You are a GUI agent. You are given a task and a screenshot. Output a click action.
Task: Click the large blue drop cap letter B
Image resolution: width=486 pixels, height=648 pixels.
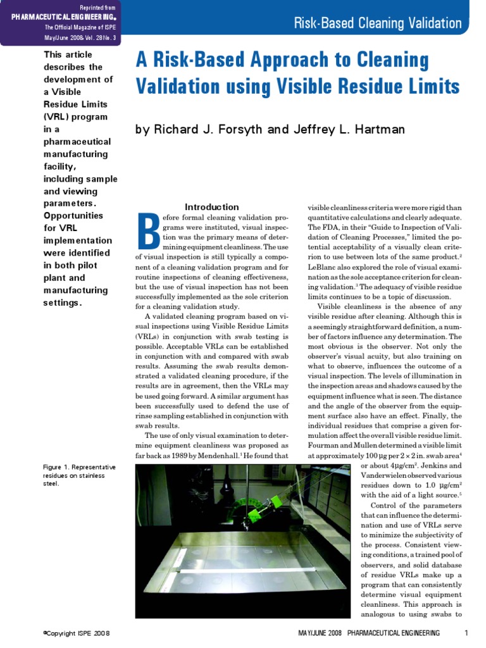click(x=148, y=232)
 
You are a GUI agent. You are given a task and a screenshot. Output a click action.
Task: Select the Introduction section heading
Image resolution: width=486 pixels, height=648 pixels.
click(x=211, y=207)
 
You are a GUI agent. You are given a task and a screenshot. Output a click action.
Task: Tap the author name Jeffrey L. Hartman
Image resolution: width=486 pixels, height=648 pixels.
click(x=346, y=129)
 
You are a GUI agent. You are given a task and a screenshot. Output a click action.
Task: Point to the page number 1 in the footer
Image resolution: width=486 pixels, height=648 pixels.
click(x=466, y=633)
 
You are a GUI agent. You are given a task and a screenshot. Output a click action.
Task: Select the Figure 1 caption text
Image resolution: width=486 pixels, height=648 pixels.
click(x=79, y=475)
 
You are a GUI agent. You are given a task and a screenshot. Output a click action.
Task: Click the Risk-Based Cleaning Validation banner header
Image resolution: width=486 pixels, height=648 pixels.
click(x=378, y=24)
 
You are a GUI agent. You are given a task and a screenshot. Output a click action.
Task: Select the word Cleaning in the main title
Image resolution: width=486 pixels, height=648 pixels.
click(x=392, y=61)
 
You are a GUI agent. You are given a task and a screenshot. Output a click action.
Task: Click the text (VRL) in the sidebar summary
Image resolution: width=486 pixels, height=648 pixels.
click(x=58, y=116)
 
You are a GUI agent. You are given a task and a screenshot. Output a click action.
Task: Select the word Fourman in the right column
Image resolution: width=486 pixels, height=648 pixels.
click(x=325, y=445)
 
